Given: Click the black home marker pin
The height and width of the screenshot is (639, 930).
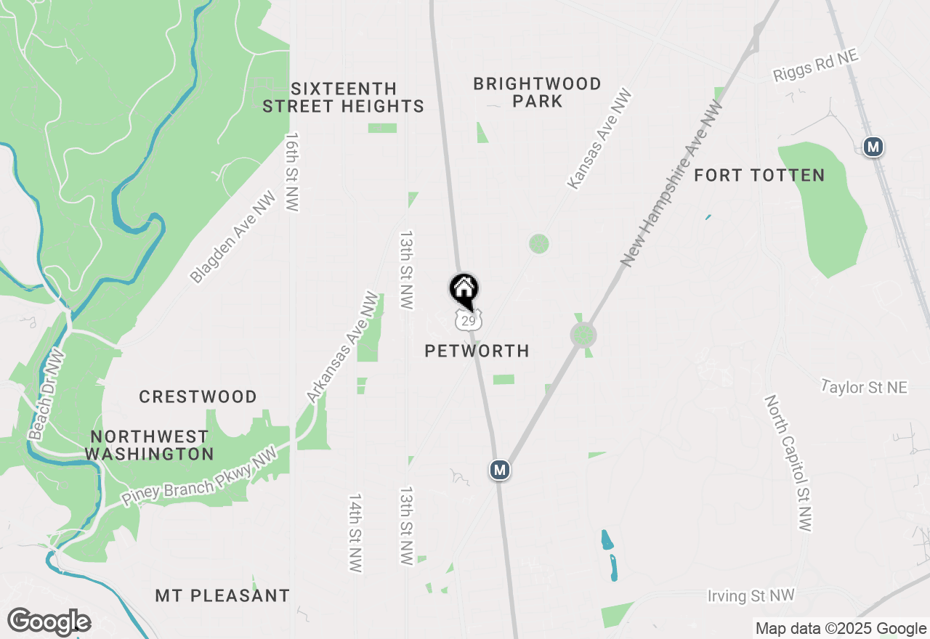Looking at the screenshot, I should (x=464, y=290).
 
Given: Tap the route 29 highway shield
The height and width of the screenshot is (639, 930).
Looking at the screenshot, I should (x=468, y=320).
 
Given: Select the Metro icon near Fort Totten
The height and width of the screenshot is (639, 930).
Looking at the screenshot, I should (x=873, y=147).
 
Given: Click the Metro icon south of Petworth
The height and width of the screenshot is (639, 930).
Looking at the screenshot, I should (x=499, y=470).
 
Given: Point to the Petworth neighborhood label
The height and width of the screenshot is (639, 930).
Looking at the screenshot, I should (x=477, y=351).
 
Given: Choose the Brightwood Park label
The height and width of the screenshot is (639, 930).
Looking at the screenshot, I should (x=537, y=92).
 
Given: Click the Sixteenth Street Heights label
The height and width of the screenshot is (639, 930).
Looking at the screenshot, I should (x=343, y=98).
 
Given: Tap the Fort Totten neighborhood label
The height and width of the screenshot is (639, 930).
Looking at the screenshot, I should (x=759, y=176).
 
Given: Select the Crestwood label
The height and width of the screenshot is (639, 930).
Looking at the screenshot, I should (x=198, y=397).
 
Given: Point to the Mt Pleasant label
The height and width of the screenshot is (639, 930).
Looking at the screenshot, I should (x=222, y=596).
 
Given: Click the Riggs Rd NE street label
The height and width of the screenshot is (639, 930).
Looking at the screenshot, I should (x=815, y=65).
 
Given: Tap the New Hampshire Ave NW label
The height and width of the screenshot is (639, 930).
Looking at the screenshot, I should (x=672, y=184).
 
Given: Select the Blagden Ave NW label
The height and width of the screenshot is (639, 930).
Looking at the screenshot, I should (x=233, y=237).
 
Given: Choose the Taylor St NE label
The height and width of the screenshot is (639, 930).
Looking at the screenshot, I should (x=864, y=387).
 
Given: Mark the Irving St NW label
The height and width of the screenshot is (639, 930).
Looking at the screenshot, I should (x=751, y=596).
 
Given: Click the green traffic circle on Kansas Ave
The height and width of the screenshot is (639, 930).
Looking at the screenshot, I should (x=538, y=243).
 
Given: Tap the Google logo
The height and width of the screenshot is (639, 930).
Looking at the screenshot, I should (x=49, y=622).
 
